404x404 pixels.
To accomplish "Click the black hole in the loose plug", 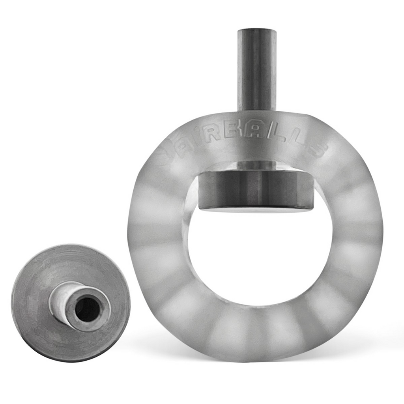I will pyautogui.click(x=87, y=309).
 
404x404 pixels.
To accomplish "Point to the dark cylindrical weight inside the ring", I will pyautogui.click(x=256, y=189).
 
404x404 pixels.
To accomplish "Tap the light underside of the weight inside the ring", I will pyautogui.click(x=256, y=209).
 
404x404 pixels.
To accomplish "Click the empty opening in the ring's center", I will pyautogui.click(x=260, y=256).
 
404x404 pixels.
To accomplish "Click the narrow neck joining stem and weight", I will pyautogui.click(x=256, y=165).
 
